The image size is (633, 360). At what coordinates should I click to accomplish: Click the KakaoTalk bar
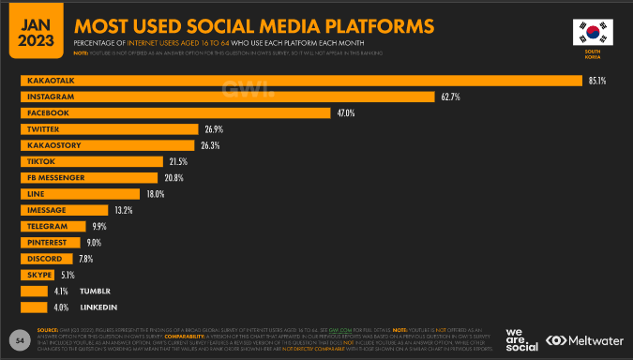pyautogui.click(x=300, y=80)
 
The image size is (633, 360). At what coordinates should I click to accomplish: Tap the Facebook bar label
pyautogui.click(x=48, y=112)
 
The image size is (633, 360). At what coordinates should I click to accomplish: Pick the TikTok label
pyautogui.click(x=41, y=161)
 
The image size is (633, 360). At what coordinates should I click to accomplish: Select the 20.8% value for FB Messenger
pyautogui.click(x=173, y=177)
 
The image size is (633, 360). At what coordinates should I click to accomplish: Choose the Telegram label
pyautogui.click(x=46, y=226)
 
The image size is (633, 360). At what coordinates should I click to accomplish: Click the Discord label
pyautogui.click(x=44, y=259)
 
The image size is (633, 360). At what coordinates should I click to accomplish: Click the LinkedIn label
pyautogui.click(x=97, y=307)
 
